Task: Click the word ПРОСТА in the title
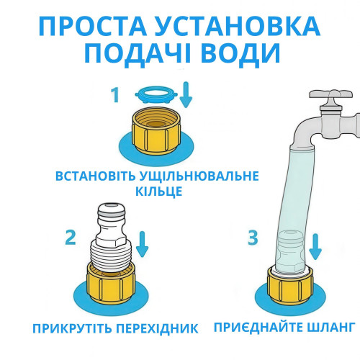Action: [x=93, y=26]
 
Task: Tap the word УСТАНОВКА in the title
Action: [x=238, y=26]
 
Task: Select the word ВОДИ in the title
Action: [x=240, y=53]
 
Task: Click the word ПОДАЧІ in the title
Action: [x=138, y=55]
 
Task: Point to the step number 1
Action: [x=115, y=95]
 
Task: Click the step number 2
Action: [x=71, y=238]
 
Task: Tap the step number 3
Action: [x=253, y=238]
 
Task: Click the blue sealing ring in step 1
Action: [x=157, y=95]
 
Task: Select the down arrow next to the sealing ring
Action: [x=186, y=94]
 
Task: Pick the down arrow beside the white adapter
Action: [x=143, y=244]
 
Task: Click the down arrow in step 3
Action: [x=315, y=247]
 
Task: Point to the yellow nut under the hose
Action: [x=290, y=286]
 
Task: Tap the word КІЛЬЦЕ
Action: [x=158, y=192]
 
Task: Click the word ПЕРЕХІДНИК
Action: [x=157, y=328]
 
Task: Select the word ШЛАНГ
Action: [x=331, y=327]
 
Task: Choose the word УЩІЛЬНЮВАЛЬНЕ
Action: [x=199, y=176]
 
